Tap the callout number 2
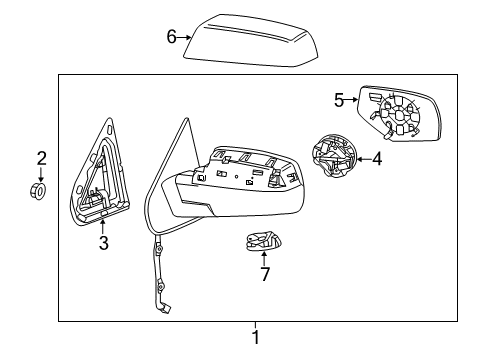42,157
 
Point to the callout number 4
376,158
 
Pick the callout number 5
339,99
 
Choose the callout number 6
171,37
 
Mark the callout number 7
264,273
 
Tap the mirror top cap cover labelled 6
249,41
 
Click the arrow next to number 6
186,38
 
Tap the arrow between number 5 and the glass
353,99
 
